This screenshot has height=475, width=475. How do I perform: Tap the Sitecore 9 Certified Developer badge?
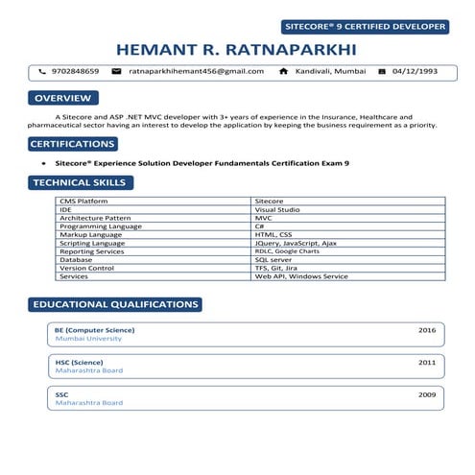pyautogui.click(x=366, y=26)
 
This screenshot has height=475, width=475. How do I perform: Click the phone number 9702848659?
pyautogui.click(x=75, y=71)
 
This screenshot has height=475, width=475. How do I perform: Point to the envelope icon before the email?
pyautogui.click(x=116, y=71)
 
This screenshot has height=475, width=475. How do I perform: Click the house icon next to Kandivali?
pyautogui.click(x=283, y=71)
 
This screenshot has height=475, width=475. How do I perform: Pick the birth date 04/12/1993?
pyautogui.click(x=416, y=71)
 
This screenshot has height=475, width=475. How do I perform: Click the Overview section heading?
pyautogui.click(x=62, y=98)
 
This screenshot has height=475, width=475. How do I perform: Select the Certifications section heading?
pyautogui.click(x=72, y=144)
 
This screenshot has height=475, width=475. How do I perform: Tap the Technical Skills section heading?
pyautogui.click(x=78, y=182)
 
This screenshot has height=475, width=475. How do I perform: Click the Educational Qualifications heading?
pyautogui.click(x=115, y=304)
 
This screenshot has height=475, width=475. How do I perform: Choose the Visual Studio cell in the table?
pyautogui.click(x=277, y=209)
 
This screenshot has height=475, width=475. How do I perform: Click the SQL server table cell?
pyautogui.click(x=273, y=260)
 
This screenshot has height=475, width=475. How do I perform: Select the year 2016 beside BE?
pyautogui.click(x=427, y=329)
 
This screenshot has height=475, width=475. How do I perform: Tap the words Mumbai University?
pyautogui.click(x=88, y=339)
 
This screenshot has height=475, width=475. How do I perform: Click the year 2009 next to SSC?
pyautogui.click(x=427, y=393)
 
